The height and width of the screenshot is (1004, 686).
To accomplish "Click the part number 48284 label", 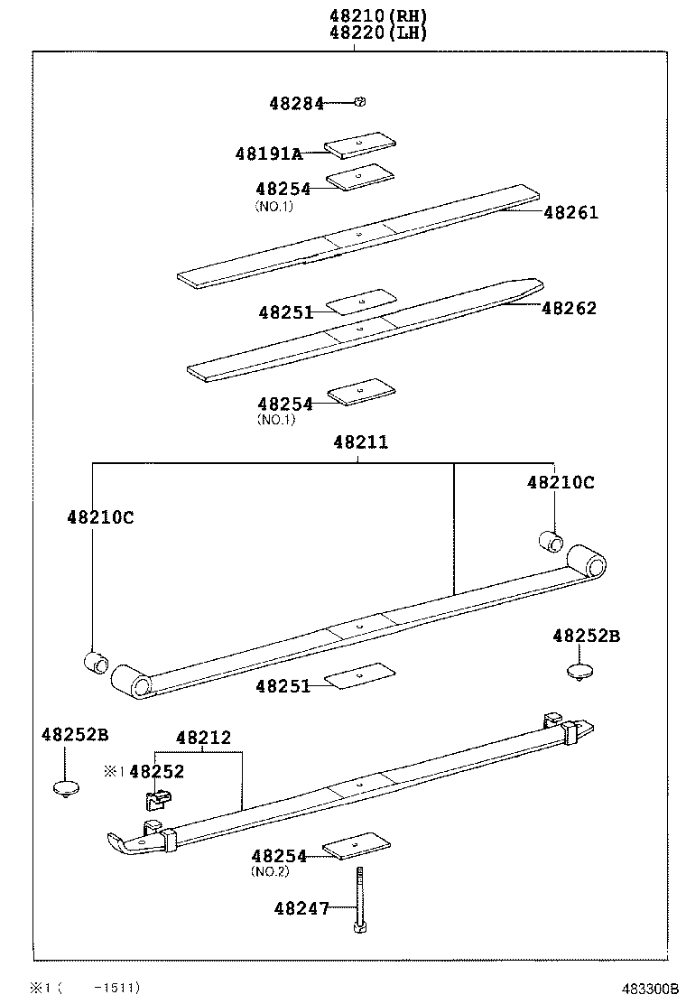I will tap(296, 103).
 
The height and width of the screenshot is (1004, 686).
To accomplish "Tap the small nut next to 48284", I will tap(359, 102).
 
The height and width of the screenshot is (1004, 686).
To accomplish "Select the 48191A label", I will tap(268, 153).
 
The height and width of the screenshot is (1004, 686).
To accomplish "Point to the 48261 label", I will tap(570, 213).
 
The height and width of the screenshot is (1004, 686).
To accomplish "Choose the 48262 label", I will tap(569, 308).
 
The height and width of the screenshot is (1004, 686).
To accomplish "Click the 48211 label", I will tap(360, 442).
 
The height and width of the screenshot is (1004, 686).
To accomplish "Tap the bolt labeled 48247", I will tap(359, 898).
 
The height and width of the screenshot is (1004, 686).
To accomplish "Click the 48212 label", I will tap(203, 738).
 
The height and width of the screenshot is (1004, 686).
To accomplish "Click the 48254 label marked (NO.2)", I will tap(279, 855).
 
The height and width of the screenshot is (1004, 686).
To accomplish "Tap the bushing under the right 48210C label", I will tap(551, 541).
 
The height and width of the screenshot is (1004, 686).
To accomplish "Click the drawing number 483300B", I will tap(647, 988).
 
